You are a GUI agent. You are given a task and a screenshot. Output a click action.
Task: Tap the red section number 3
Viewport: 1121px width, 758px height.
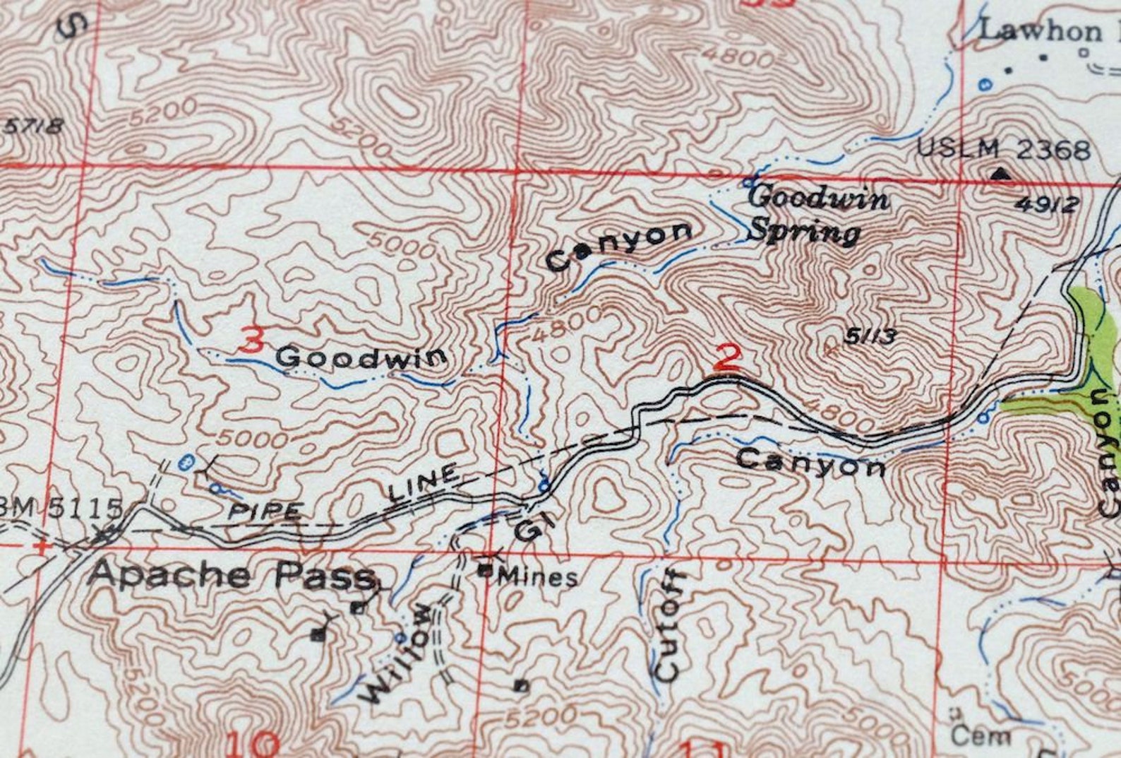tap(252, 340)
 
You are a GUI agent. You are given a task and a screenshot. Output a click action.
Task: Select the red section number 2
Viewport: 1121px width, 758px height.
tap(727, 357)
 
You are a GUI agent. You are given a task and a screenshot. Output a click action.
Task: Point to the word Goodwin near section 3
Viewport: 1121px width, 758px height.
tap(361, 357)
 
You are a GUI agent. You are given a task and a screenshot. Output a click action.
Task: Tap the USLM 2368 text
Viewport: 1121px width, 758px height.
tap(1003, 150)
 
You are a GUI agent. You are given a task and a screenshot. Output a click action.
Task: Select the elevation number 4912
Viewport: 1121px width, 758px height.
tap(1048, 204)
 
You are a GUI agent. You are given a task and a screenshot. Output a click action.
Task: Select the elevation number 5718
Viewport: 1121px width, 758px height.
tap(34, 126)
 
